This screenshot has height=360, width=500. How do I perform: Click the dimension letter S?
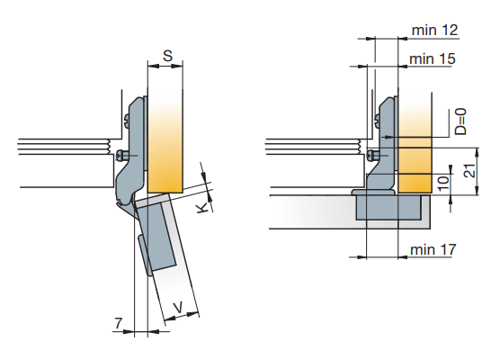[167, 56]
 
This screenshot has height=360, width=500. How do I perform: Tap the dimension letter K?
[202, 208]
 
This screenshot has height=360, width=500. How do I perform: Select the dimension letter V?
[178, 308]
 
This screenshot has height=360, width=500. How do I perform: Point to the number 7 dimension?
[119, 323]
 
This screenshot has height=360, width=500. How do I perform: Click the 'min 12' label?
[434, 31]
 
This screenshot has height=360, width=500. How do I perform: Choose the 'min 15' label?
[432, 59]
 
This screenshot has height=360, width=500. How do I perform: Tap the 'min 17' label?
[433, 249]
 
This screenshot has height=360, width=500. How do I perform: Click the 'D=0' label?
[460, 121]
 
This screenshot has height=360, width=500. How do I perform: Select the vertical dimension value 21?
[469, 171]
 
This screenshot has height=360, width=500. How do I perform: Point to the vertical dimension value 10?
[443, 183]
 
